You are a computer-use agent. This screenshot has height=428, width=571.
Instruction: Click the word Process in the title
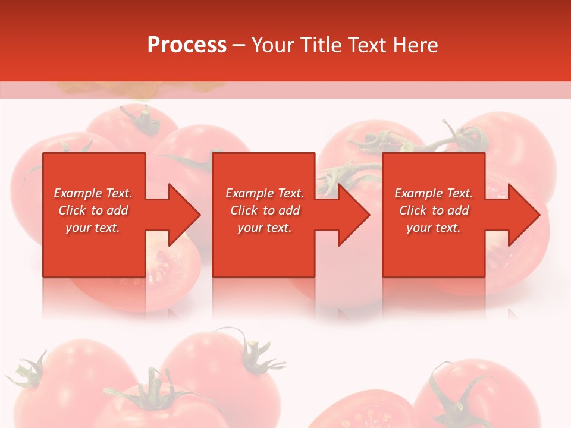(x=187, y=45)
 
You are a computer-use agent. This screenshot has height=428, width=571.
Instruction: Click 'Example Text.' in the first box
(x=93, y=193)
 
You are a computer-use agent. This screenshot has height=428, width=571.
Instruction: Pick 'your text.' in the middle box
(x=264, y=228)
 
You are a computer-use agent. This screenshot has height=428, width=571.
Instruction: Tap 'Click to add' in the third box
(x=434, y=210)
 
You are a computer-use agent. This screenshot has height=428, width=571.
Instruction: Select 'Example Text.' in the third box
(x=434, y=193)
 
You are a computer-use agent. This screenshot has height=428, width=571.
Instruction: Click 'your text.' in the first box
(x=93, y=228)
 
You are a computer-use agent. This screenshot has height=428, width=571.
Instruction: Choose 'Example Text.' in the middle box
(x=264, y=193)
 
